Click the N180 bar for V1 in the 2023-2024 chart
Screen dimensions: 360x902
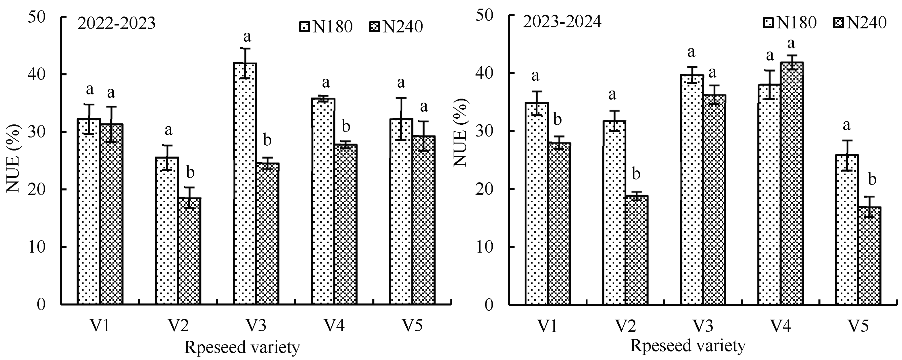(x=536, y=203)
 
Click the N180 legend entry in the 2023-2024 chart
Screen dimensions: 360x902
(x=790, y=22)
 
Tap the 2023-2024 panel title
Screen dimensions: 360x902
(x=562, y=22)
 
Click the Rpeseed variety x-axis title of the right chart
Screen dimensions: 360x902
(x=688, y=346)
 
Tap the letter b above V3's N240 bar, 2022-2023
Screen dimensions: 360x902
(x=267, y=141)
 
